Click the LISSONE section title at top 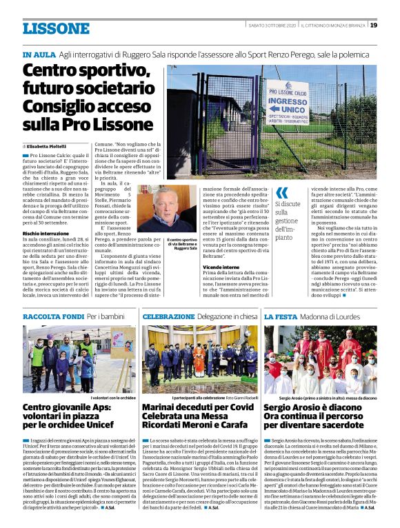click(56, 28)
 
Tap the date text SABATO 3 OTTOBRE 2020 click(272, 26)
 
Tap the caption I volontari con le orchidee click(110, 398)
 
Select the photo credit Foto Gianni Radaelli click(238, 398)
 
